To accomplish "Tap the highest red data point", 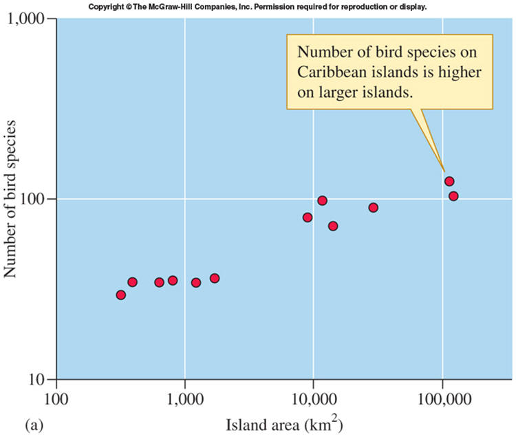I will [x=449, y=182].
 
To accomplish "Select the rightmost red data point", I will [x=453, y=196].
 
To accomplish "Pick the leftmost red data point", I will [x=121, y=295].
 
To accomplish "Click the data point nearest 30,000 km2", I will [x=373, y=208].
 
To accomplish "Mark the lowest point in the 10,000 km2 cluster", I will [x=333, y=226].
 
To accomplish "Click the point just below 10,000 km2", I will [x=308, y=217].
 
